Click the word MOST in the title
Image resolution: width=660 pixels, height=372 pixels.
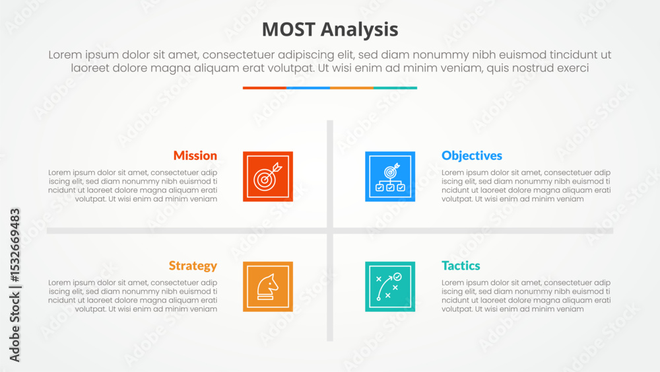tap(288, 30)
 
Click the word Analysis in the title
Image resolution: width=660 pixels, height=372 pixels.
tap(359, 30)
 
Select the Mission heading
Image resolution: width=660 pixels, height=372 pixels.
tap(195, 155)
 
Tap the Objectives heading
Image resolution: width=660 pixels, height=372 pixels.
tap(471, 156)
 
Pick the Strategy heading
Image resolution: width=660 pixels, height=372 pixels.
tap(193, 266)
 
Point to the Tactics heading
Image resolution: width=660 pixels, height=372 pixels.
tap(461, 266)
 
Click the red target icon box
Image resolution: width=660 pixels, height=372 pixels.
tap(268, 176)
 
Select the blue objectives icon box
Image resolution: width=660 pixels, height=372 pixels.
tap(390, 176)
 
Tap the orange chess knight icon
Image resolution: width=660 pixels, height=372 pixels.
tap(268, 287)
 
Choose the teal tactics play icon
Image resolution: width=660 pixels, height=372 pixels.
tap(390, 287)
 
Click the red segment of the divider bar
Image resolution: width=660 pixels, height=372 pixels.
tap(265, 88)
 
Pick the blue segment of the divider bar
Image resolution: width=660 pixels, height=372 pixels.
tap(308, 88)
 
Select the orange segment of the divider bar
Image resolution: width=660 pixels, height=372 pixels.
tap(352, 88)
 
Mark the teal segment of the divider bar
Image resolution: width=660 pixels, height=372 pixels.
tap(395, 88)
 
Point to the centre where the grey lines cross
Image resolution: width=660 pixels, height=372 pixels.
tap(330, 231)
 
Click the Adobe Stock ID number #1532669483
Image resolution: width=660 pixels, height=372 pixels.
tap(15, 245)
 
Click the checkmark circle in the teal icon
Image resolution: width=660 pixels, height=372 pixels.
tap(397, 277)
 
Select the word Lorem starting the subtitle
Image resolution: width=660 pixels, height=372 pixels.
tap(65, 55)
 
